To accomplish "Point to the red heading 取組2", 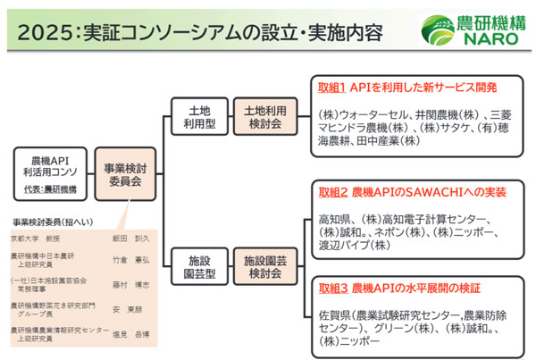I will [333, 193].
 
